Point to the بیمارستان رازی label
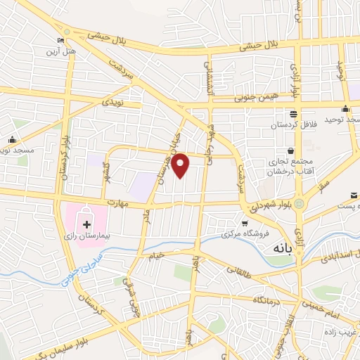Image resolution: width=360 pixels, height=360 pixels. coord(91,237)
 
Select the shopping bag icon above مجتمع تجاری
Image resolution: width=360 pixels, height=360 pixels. coord(290,150)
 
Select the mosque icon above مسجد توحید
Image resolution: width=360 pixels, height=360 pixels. coord(345,108)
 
